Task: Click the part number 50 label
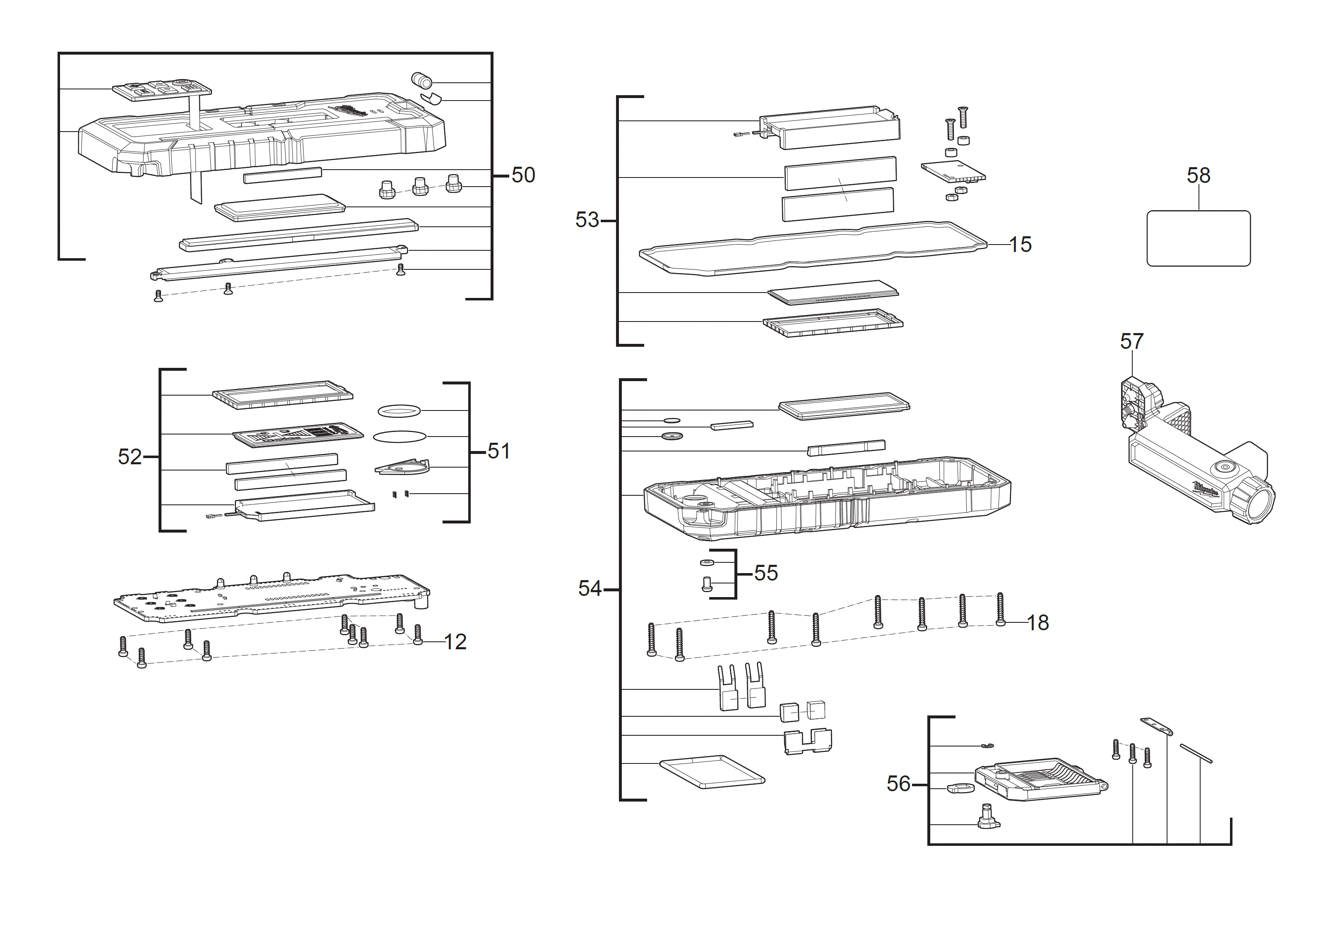(x=523, y=175)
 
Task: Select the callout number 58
(x=1198, y=175)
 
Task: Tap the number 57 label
(x=1131, y=341)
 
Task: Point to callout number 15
(x=1020, y=245)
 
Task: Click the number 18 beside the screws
(x=1037, y=623)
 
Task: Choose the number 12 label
(x=455, y=642)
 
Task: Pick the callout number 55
(x=766, y=573)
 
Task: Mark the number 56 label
(x=898, y=784)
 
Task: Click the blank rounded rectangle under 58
(x=1198, y=238)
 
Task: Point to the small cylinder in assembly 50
(x=421, y=80)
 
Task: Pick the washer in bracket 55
(x=706, y=562)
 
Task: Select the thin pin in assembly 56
(x=1195, y=753)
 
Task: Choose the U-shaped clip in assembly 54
(x=808, y=741)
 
